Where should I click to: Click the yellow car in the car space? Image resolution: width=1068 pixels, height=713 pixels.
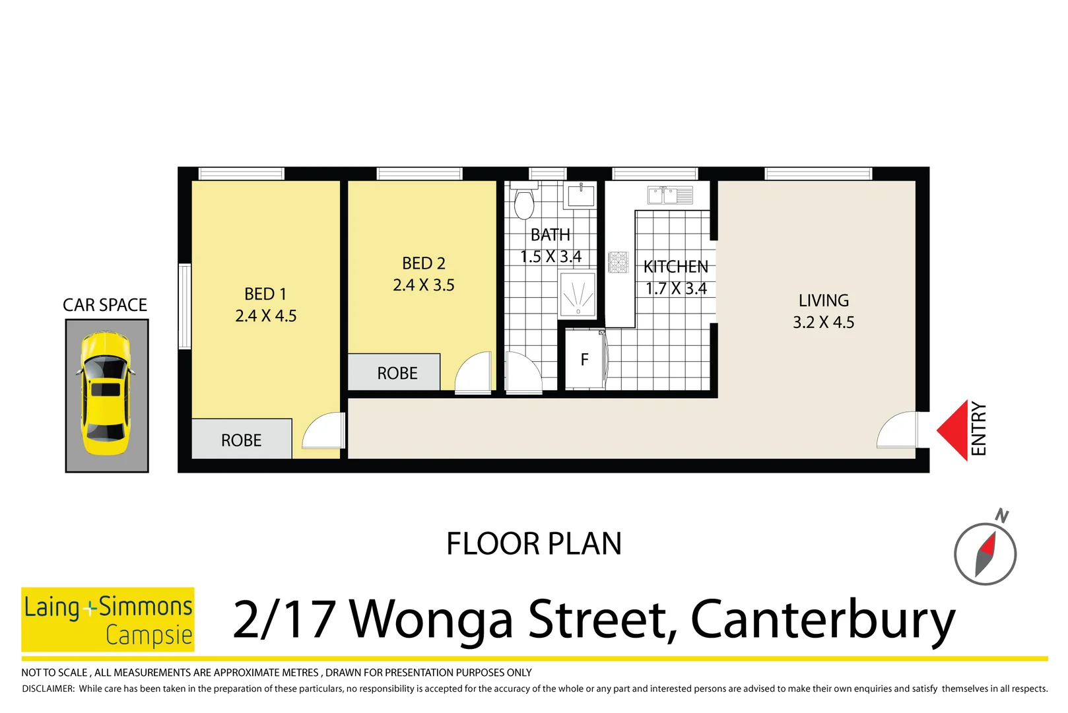coord(106,395)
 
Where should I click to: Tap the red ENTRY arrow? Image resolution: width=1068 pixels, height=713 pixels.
coord(954,430)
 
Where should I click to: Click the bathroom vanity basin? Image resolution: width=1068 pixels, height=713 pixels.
coord(580,195)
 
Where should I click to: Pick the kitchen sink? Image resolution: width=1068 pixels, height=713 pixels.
coord(669,195)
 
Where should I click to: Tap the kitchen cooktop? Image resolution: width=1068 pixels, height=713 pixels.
coord(618,262)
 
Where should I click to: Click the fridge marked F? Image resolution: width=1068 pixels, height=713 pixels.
coord(584,360)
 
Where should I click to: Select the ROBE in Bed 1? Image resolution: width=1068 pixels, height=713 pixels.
coord(242,440)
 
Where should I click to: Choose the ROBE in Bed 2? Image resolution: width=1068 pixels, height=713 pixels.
coord(396,373)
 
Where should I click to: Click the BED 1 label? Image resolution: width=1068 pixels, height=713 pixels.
coord(265,294)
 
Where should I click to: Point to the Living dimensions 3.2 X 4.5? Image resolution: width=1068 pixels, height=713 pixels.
coord(823,322)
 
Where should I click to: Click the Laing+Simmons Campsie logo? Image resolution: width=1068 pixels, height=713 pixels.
coord(108,619)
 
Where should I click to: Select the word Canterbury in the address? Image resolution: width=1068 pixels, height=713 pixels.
coord(822,620)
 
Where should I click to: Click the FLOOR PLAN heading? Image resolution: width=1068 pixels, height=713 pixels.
coord(533,544)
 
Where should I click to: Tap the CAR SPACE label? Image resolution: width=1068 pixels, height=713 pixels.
coord(105,305)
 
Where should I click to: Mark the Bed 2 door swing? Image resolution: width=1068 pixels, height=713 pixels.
coord(474,373)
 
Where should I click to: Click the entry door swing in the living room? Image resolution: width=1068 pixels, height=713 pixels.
coord(898,430)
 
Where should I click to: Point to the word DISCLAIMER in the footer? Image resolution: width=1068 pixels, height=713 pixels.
coord(48,689)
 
